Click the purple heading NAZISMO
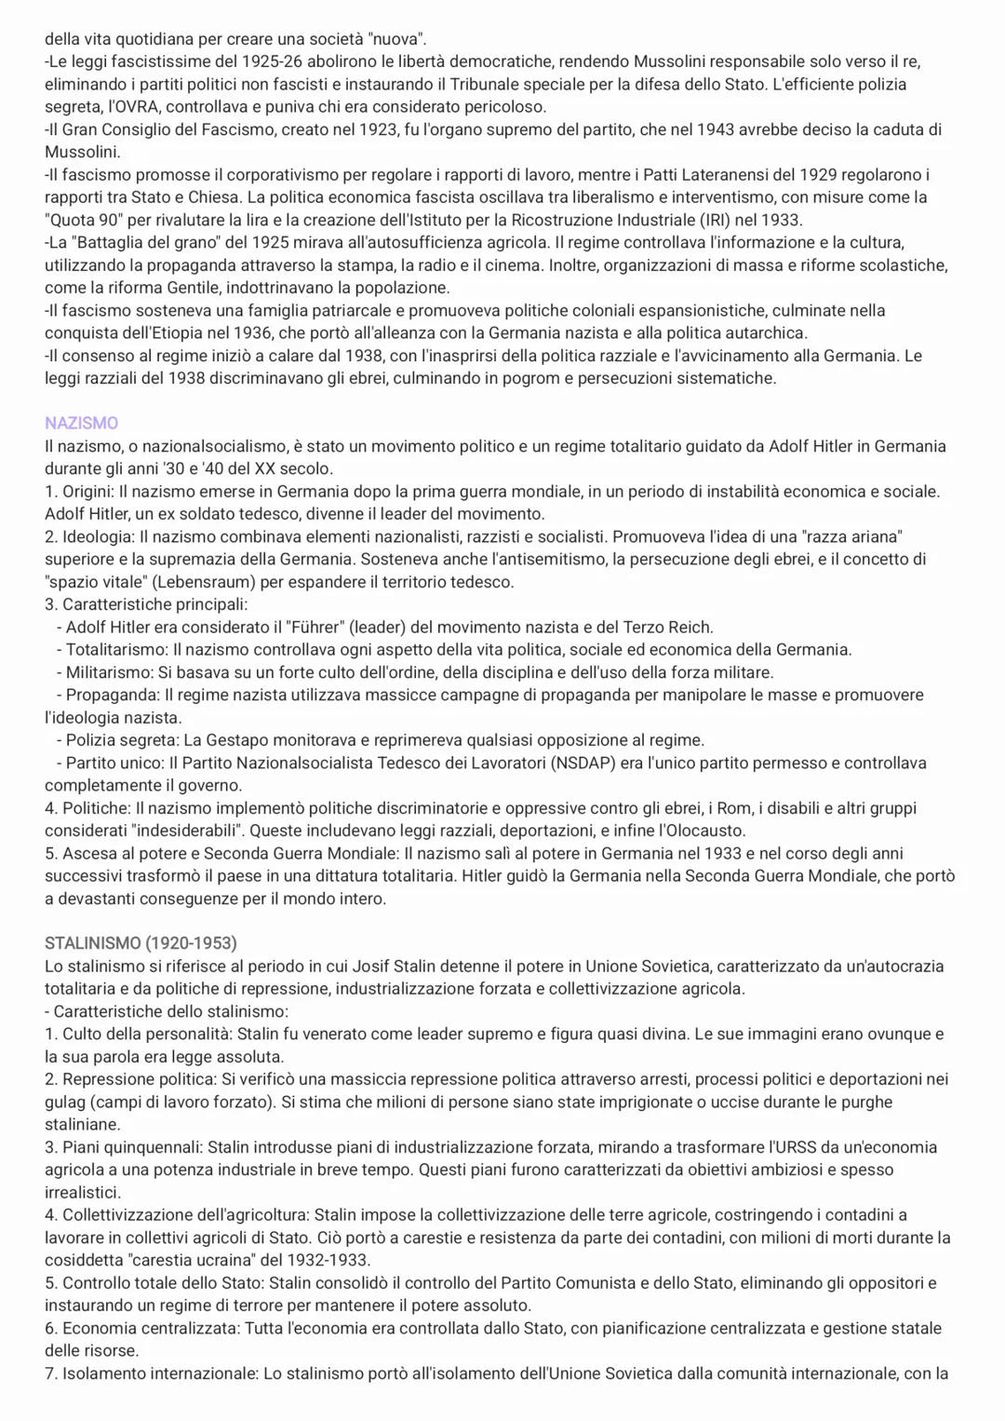(81, 424)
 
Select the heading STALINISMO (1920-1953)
(141, 943)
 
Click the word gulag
(64, 1103)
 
